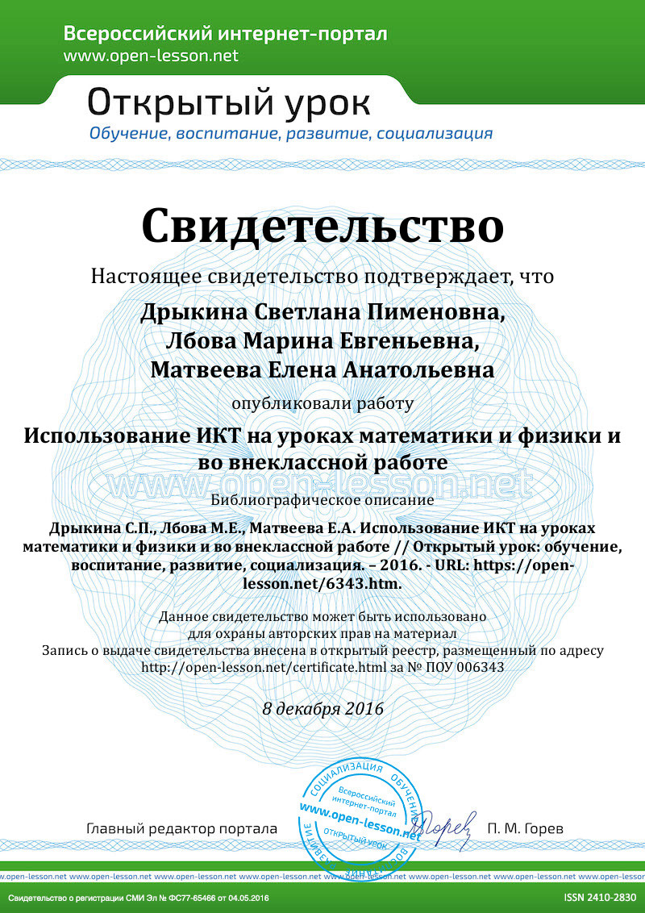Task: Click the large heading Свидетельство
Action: [322, 225]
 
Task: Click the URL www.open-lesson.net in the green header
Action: [152, 56]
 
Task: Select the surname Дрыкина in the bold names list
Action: [185, 312]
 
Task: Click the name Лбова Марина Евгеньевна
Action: [322, 341]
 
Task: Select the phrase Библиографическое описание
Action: [322, 499]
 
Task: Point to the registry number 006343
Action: [484, 668]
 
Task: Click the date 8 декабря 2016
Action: [322, 709]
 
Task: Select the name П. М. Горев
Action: [526, 828]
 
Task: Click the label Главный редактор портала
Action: [181, 828]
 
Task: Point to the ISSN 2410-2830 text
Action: [600, 898]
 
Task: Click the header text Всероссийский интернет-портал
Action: [225, 34]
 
